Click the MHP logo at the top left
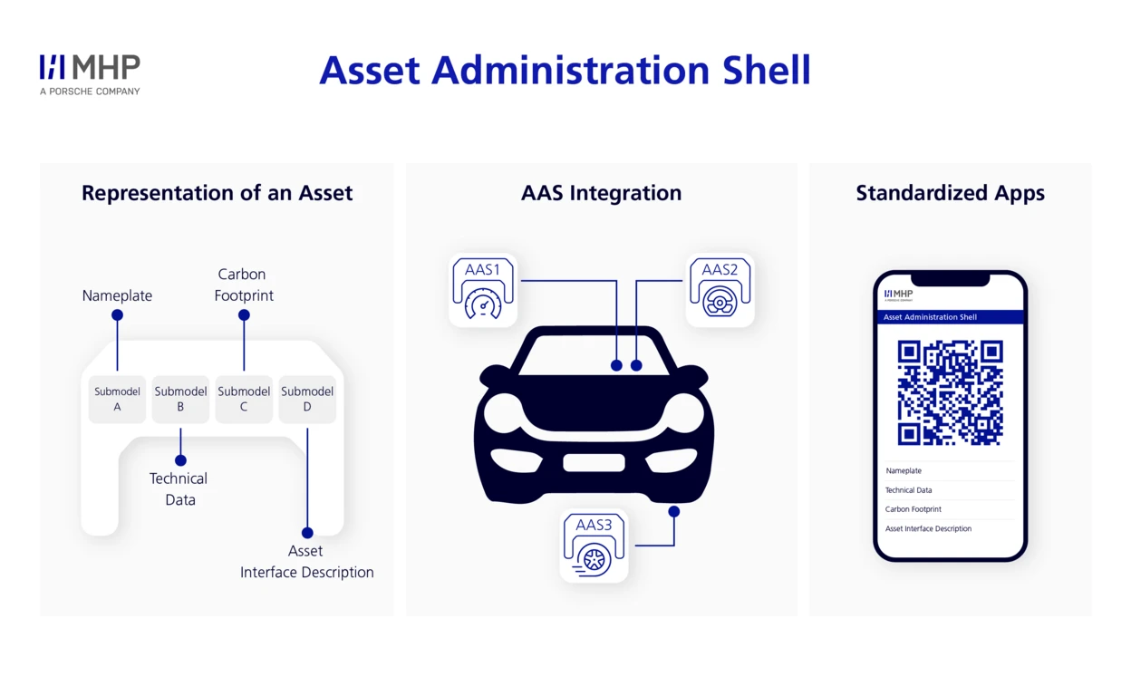click(x=90, y=73)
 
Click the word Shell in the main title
click(x=762, y=71)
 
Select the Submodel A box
click(x=117, y=400)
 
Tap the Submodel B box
click(x=180, y=400)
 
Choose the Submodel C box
click(x=244, y=400)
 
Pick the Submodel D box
click(x=307, y=400)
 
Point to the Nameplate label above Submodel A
click(x=117, y=295)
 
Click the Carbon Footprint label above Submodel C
click(x=243, y=285)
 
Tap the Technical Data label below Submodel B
click(x=179, y=488)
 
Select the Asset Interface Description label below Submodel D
click(x=306, y=562)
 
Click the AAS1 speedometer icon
click(x=483, y=290)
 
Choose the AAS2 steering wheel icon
click(x=720, y=290)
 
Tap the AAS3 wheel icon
click(x=594, y=546)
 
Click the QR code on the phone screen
click(x=950, y=392)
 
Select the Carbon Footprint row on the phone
click(x=913, y=509)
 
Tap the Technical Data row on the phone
click(x=908, y=490)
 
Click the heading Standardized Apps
click(x=950, y=193)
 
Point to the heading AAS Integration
click(x=601, y=193)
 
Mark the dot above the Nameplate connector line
click(x=117, y=315)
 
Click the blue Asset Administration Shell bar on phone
click(x=950, y=317)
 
